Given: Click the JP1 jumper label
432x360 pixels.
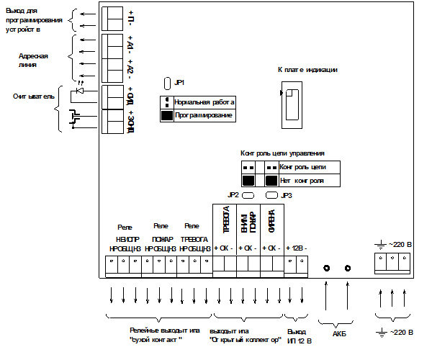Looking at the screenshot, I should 180,83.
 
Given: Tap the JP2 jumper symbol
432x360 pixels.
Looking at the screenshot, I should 248,195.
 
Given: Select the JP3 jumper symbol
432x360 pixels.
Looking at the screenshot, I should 271,195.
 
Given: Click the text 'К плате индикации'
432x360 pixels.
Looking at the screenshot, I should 307,70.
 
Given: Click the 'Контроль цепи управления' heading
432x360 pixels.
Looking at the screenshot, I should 282,153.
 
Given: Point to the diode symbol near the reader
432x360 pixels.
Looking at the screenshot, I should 80,90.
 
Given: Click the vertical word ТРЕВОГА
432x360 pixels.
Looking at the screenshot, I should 225,222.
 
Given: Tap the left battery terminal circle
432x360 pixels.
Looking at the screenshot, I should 327,269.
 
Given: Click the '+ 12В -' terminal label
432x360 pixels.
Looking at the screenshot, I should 297,248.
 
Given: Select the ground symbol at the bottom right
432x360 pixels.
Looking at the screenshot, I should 379,333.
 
